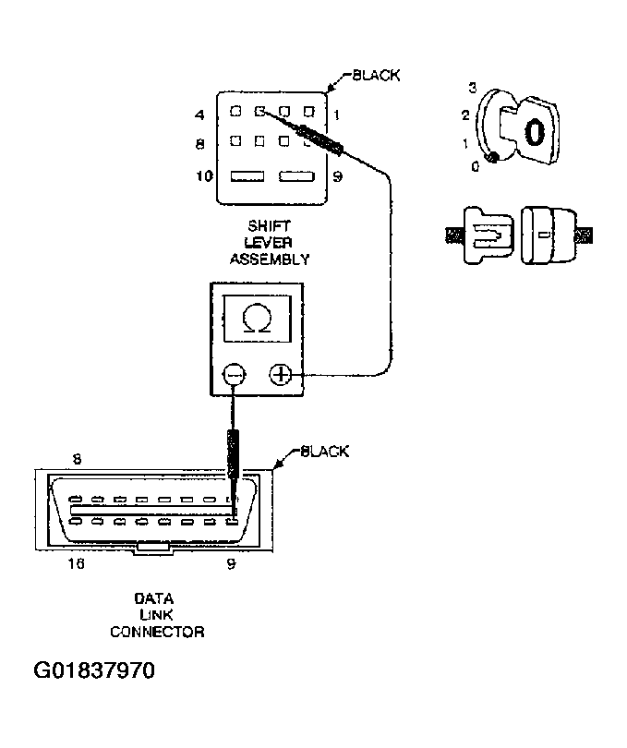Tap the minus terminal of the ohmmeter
pyautogui.click(x=235, y=375)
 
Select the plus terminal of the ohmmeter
pyautogui.click(x=281, y=375)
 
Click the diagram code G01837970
pyautogui.click(x=94, y=670)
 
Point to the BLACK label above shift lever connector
pyautogui.click(x=377, y=76)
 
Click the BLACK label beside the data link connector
pyautogui.click(x=324, y=452)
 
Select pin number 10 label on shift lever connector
pyautogui.click(x=204, y=176)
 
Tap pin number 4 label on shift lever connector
pyautogui.click(x=199, y=116)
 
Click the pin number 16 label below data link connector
pyautogui.click(x=76, y=563)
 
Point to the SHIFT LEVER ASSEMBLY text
pyautogui.click(x=269, y=243)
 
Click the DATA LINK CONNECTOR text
pyautogui.click(x=157, y=615)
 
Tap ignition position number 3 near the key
pyautogui.click(x=472, y=89)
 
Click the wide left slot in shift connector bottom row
pyautogui.click(x=247, y=175)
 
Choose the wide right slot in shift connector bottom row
pyautogui.click(x=297, y=175)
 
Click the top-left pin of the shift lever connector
pyautogui.click(x=236, y=113)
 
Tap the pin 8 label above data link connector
pyautogui.click(x=76, y=457)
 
